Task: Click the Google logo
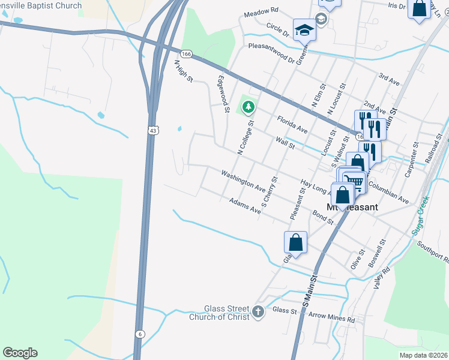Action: coord(20,353)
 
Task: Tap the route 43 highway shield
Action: coord(154,130)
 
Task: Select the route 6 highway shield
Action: coord(139,334)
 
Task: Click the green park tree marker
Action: coord(249,108)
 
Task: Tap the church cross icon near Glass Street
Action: coord(258,311)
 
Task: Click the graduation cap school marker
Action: coord(304,29)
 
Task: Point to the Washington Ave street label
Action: coord(243,180)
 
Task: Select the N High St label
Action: coord(183,71)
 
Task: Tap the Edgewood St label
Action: coord(223,94)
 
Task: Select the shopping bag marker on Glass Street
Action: coord(295,242)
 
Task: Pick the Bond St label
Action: coord(323,217)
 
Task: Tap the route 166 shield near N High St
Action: coord(186,54)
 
